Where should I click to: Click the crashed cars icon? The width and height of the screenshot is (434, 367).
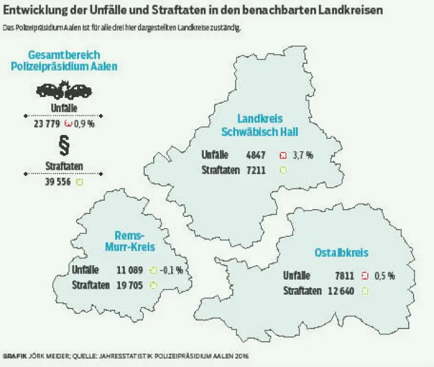[64, 91]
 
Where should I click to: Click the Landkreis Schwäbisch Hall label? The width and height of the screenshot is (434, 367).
[260, 125]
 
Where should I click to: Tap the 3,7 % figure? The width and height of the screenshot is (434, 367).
[303, 155]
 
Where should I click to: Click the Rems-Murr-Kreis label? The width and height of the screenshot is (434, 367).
[130, 241]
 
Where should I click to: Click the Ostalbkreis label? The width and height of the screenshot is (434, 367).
[341, 253]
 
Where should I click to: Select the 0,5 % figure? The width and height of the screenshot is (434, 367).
[384, 276]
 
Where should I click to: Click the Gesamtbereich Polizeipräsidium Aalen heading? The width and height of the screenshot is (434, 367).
[64, 60]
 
